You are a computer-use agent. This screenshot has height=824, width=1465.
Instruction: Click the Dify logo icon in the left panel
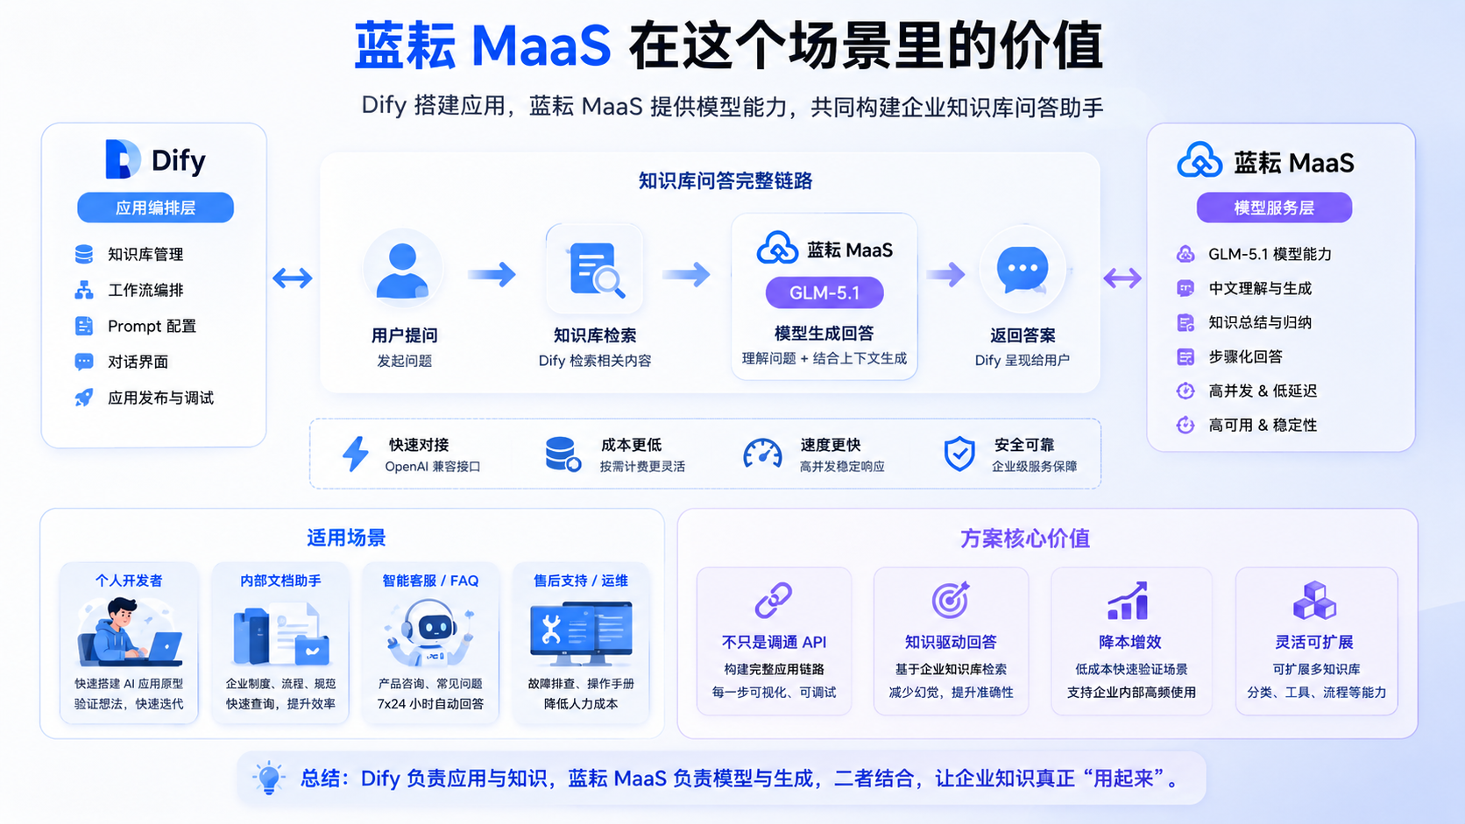click(x=123, y=158)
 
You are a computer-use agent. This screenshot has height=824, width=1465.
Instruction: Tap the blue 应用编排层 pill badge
click(x=155, y=208)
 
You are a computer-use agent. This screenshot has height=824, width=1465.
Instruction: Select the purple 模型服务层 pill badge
click(x=1274, y=208)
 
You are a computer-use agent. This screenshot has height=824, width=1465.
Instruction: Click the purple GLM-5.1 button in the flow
click(x=824, y=292)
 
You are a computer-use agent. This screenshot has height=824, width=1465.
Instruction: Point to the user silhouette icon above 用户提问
click(x=402, y=270)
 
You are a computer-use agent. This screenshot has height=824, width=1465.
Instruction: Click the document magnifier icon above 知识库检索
click(x=596, y=270)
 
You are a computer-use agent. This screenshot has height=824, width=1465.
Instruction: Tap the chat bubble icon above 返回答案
click(x=1023, y=269)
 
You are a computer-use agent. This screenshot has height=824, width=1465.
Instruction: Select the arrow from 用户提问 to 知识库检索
click(x=492, y=274)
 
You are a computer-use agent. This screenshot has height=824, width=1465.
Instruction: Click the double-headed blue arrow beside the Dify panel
click(x=293, y=278)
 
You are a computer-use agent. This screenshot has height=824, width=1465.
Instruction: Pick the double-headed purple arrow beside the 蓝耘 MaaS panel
click(x=1122, y=278)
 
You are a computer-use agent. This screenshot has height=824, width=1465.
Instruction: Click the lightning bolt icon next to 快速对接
click(x=356, y=454)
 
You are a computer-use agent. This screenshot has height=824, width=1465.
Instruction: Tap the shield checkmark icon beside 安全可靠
click(x=959, y=454)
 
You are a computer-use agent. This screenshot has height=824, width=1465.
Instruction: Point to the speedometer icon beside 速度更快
click(x=762, y=454)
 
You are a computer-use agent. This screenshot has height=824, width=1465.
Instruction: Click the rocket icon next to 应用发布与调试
click(x=84, y=398)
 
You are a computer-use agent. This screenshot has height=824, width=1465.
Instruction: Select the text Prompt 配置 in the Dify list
click(x=152, y=326)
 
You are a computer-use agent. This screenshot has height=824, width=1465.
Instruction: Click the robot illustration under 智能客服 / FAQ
click(x=430, y=632)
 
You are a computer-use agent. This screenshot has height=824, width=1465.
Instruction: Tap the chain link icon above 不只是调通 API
click(x=774, y=600)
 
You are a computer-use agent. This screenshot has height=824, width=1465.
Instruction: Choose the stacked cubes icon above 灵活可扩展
click(x=1314, y=600)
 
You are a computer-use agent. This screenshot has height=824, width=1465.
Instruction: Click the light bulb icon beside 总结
click(x=268, y=778)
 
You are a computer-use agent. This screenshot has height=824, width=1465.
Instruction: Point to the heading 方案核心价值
click(x=1025, y=539)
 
